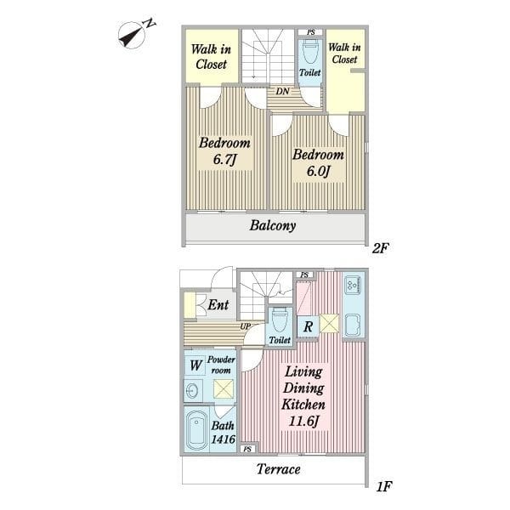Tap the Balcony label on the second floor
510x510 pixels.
(273, 225)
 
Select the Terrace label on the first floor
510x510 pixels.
(279, 469)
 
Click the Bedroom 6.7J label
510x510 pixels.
(224, 151)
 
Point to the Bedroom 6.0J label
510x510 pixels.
(318, 162)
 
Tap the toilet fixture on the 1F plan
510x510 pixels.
(280, 320)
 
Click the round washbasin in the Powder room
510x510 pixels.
(192, 389)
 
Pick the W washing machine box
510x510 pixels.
(195, 365)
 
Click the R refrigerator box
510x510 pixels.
(308, 327)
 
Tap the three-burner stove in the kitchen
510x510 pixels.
(354, 284)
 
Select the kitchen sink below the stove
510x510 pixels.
(353, 325)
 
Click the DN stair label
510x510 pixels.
(282, 92)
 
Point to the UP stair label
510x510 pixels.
(246, 326)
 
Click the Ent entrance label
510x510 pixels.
(218, 305)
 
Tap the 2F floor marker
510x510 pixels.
(380, 248)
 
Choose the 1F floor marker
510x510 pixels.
(383, 487)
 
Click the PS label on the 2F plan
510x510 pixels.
(311, 32)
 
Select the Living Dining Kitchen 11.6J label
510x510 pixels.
(303, 396)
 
